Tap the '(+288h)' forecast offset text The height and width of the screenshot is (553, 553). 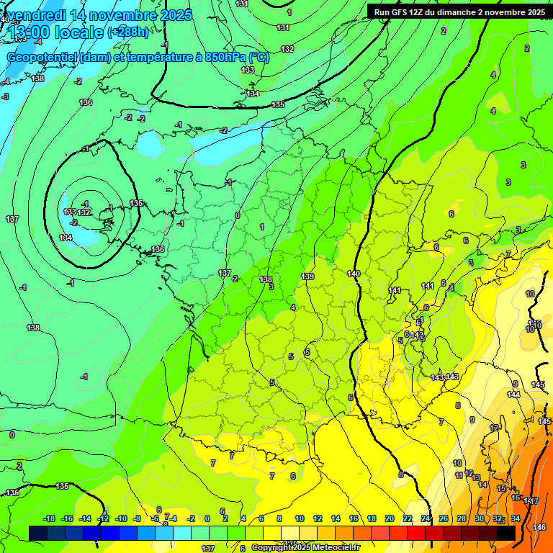128,32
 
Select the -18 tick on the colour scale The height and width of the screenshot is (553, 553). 49,518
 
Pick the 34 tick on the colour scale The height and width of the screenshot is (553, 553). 516,518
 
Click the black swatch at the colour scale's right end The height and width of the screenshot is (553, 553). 506,532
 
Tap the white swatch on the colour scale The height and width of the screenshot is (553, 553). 291,532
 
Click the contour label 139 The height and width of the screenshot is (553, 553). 307,276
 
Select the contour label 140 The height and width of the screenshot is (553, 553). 353,274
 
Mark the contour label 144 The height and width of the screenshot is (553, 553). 513,395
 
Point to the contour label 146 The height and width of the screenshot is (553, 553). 539,528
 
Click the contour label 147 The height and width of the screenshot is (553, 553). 531,500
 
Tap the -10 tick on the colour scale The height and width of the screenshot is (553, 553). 121,518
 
